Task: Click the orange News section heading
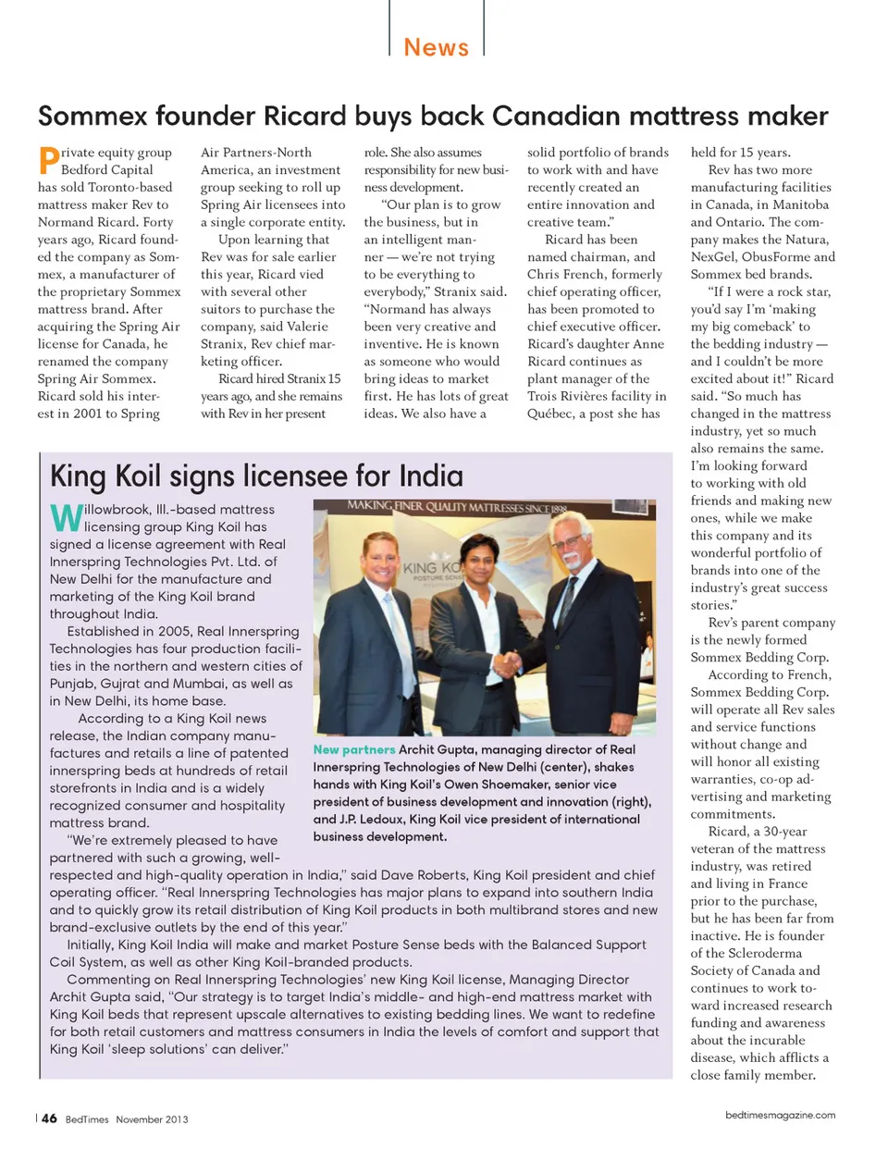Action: coord(436,47)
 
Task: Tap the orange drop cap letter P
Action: coord(48,161)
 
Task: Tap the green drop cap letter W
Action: coord(66,518)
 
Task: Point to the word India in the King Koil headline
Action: coord(431,476)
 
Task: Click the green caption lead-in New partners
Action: coord(354,750)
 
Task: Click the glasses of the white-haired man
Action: coord(565,542)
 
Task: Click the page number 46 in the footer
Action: coord(49,1118)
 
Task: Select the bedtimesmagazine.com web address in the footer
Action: coord(780,1116)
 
